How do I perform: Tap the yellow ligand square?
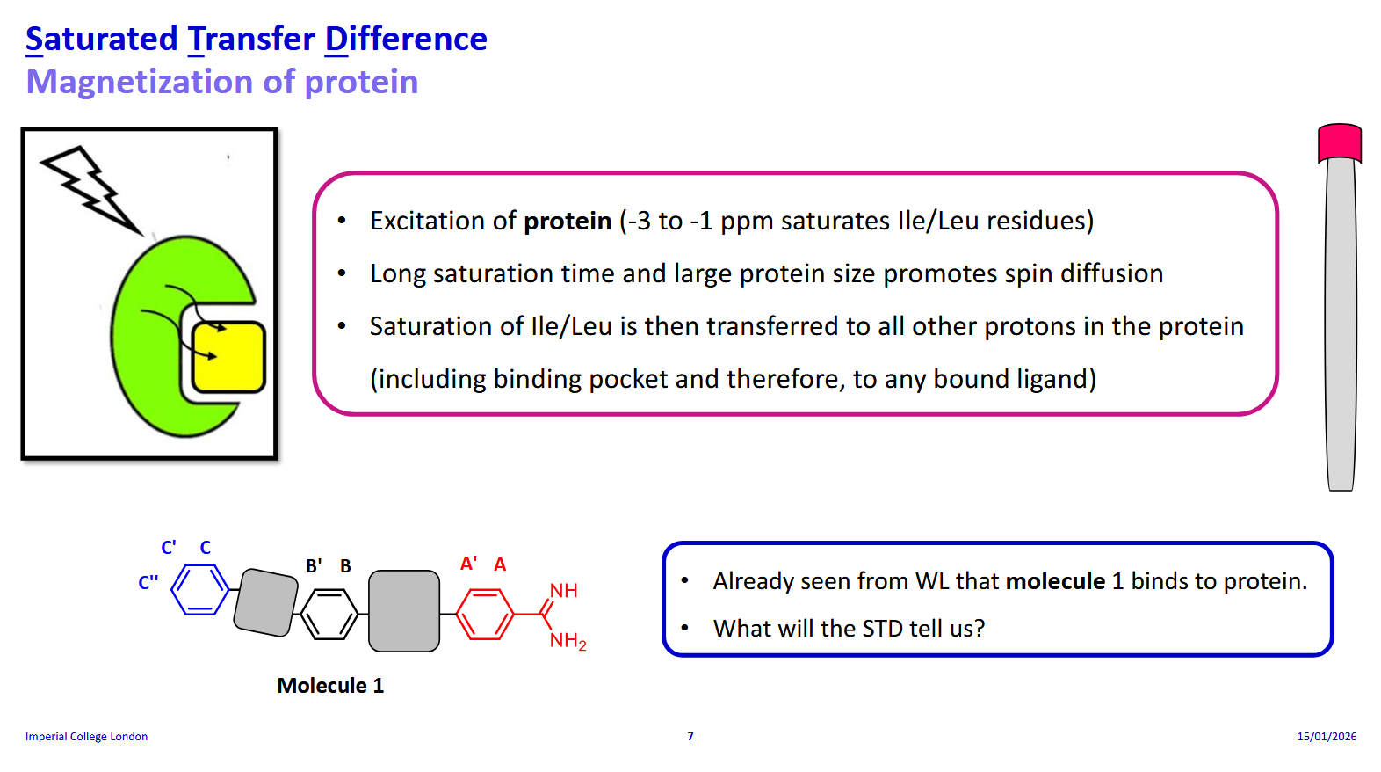coord(228,356)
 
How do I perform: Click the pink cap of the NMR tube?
coord(1339,142)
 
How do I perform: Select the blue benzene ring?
coord(199,589)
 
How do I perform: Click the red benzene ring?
coord(485,614)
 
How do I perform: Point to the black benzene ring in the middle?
coord(329,614)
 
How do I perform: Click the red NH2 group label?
coord(568,641)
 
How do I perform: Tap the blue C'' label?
coord(148,583)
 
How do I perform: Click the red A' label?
coord(469,564)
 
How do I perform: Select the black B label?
coord(345,566)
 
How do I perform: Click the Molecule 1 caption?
coord(330,686)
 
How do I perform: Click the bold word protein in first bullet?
coord(568,221)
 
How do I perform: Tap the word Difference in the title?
coord(406,40)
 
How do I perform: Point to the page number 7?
coord(690,737)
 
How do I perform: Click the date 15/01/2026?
coord(1327,737)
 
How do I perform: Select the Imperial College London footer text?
coord(86,737)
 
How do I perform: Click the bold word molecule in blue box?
coord(1055,581)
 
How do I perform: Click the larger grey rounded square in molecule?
coord(404,611)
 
